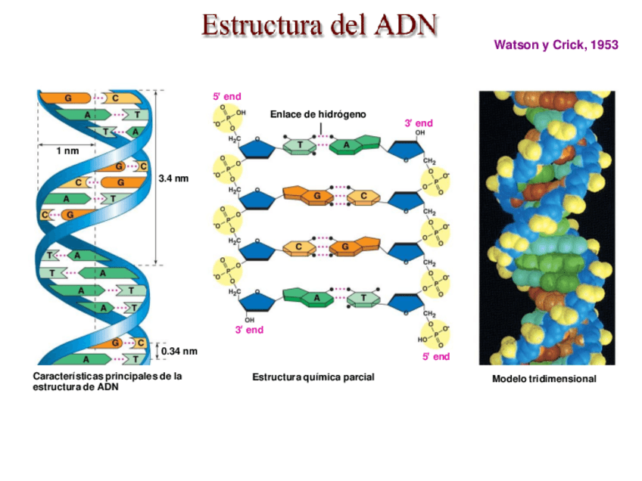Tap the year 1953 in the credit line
click(603, 45)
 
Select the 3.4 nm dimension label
click(173, 178)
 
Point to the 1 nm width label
click(67, 151)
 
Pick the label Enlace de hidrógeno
click(318, 114)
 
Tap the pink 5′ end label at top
click(227, 97)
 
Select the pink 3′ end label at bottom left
click(249, 330)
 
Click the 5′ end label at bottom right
click(436, 356)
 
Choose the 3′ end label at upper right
click(419, 123)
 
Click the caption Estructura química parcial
click(313, 377)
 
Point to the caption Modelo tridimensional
click(544, 379)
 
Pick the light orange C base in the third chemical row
click(299, 247)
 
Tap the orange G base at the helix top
click(68, 98)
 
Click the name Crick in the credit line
click(567, 45)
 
